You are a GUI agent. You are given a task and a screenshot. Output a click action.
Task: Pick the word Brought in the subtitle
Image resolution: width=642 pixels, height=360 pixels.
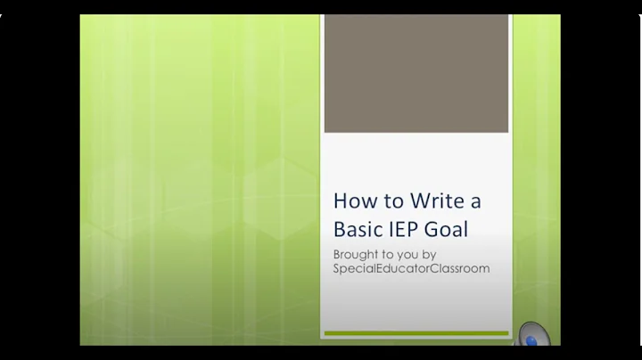355,254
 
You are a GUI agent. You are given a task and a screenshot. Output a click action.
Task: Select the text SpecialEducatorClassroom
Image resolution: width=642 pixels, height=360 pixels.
411,267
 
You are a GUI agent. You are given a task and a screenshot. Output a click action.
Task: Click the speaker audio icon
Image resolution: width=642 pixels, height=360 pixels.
531,335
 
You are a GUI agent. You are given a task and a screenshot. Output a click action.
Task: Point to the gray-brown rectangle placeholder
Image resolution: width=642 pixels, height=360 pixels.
416,73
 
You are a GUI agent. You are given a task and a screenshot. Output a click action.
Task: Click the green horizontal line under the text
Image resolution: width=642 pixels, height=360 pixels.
416,334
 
